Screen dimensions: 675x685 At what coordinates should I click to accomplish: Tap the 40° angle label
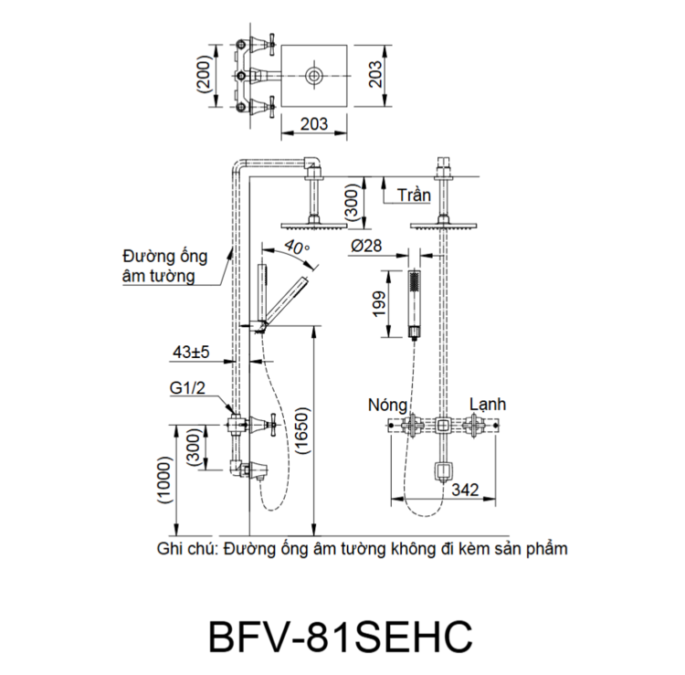pos(297,247)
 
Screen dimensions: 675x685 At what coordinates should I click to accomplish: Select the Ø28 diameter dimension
pos(366,246)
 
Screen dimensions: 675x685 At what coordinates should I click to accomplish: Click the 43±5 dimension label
pos(190,351)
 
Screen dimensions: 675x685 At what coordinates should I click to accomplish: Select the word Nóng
pos(386,404)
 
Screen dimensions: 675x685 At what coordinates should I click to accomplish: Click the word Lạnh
pos(488,404)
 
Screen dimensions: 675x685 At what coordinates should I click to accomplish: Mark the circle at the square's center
pos(314,76)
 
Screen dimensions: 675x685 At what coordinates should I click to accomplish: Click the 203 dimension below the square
pos(314,123)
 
